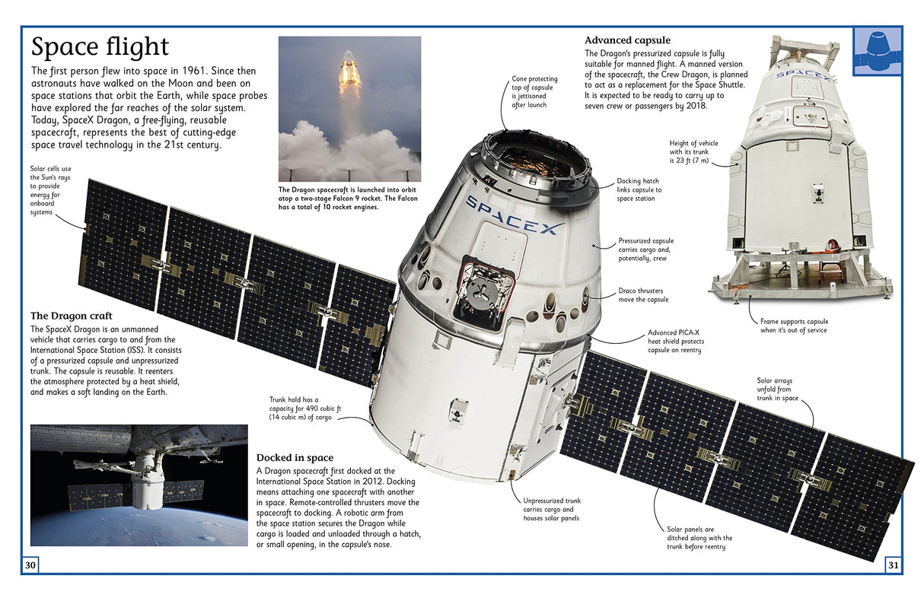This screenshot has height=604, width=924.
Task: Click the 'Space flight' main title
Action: tap(99, 48)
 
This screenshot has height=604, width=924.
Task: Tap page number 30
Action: tap(30, 564)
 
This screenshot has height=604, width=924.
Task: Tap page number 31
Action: tap(894, 564)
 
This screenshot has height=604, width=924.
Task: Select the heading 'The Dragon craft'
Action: tap(71, 315)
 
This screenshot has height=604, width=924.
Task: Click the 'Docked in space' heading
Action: tap(295, 457)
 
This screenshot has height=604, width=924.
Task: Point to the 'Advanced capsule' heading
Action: tap(627, 40)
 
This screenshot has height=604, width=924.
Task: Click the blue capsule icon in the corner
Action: tap(878, 51)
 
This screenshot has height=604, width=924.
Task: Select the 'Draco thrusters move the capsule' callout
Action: tap(643, 294)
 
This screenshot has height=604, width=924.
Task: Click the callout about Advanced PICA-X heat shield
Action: tap(674, 341)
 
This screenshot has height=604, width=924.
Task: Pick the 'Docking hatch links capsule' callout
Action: tap(639, 190)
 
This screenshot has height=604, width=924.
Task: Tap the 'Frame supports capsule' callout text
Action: tap(794, 326)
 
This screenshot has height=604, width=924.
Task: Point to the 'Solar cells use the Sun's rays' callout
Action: tap(50, 190)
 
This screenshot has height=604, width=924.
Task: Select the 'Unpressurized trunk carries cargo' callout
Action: tap(552, 509)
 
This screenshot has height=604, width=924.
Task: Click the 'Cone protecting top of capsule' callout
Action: tap(534, 91)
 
